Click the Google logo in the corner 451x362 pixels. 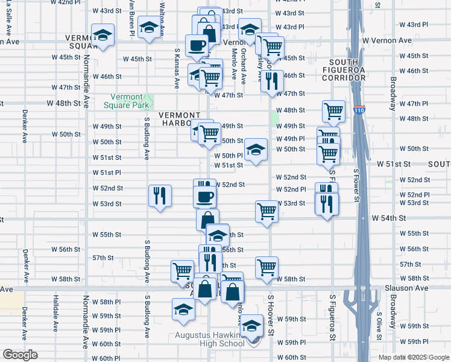(20, 355)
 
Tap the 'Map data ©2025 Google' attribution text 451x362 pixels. (414, 357)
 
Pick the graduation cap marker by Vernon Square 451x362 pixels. (103, 36)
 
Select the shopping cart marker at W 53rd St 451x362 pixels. (266, 212)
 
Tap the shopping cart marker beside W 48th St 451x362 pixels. (333, 111)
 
